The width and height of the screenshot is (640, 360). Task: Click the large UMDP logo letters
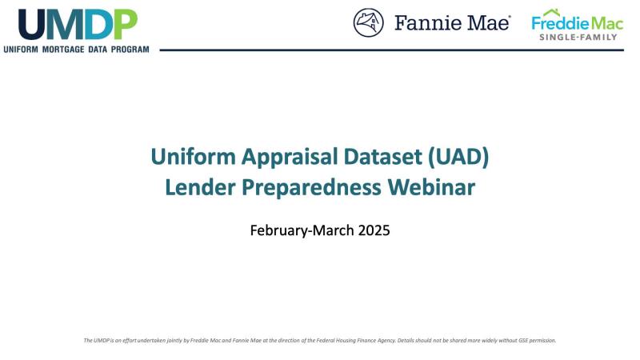point(78,25)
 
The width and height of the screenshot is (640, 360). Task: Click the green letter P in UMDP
point(126,25)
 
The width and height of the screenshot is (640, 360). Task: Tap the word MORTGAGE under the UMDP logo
point(63,50)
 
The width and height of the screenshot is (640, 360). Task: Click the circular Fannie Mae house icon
point(368,23)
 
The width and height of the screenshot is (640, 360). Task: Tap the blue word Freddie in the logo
point(559,23)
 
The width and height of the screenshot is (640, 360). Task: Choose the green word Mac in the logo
point(607,23)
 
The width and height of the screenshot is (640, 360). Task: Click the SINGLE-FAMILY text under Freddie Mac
point(578,37)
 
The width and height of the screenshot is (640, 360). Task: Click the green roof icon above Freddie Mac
point(552,12)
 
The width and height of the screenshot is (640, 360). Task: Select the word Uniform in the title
point(193,157)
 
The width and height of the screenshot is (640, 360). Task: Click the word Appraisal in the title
point(290,158)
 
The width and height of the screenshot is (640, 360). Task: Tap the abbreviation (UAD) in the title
point(458,158)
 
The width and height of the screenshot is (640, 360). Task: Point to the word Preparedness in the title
point(311,188)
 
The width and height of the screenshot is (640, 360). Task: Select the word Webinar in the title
point(431,187)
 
